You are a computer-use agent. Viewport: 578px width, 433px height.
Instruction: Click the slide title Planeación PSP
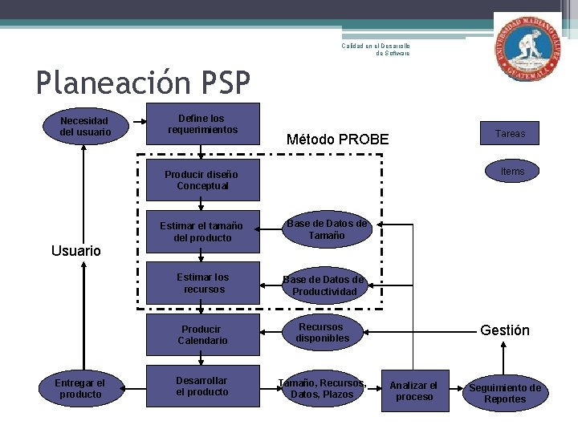[143, 82]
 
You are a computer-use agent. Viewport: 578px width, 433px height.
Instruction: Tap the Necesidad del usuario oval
[83, 127]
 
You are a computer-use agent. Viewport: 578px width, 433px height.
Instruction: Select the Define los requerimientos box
[203, 123]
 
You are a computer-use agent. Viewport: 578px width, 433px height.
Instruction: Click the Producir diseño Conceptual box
[203, 180]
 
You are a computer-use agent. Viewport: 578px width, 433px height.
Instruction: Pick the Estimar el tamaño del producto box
[203, 232]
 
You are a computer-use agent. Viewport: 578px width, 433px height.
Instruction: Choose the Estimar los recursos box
[203, 283]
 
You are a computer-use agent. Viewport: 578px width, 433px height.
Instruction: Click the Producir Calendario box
[203, 334]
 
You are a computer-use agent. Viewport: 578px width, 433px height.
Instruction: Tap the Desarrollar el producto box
[203, 386]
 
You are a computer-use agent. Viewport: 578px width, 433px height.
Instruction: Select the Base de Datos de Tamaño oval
[326, 230]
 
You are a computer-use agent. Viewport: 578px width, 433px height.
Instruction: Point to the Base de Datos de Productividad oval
[324, 285]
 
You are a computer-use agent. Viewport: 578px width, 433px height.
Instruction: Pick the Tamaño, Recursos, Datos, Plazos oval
[321, 388]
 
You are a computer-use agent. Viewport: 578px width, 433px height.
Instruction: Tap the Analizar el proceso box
[414, 391]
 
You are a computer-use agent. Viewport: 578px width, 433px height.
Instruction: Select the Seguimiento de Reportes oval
[505, 393]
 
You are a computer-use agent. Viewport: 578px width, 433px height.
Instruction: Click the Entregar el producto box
[81, 388]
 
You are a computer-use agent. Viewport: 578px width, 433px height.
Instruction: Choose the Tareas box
[510, 133]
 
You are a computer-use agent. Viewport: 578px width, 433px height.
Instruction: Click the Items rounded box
[512, 172]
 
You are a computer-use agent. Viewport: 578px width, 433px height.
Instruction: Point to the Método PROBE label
[337, 140]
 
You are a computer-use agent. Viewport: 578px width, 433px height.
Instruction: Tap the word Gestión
[504, 330]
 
